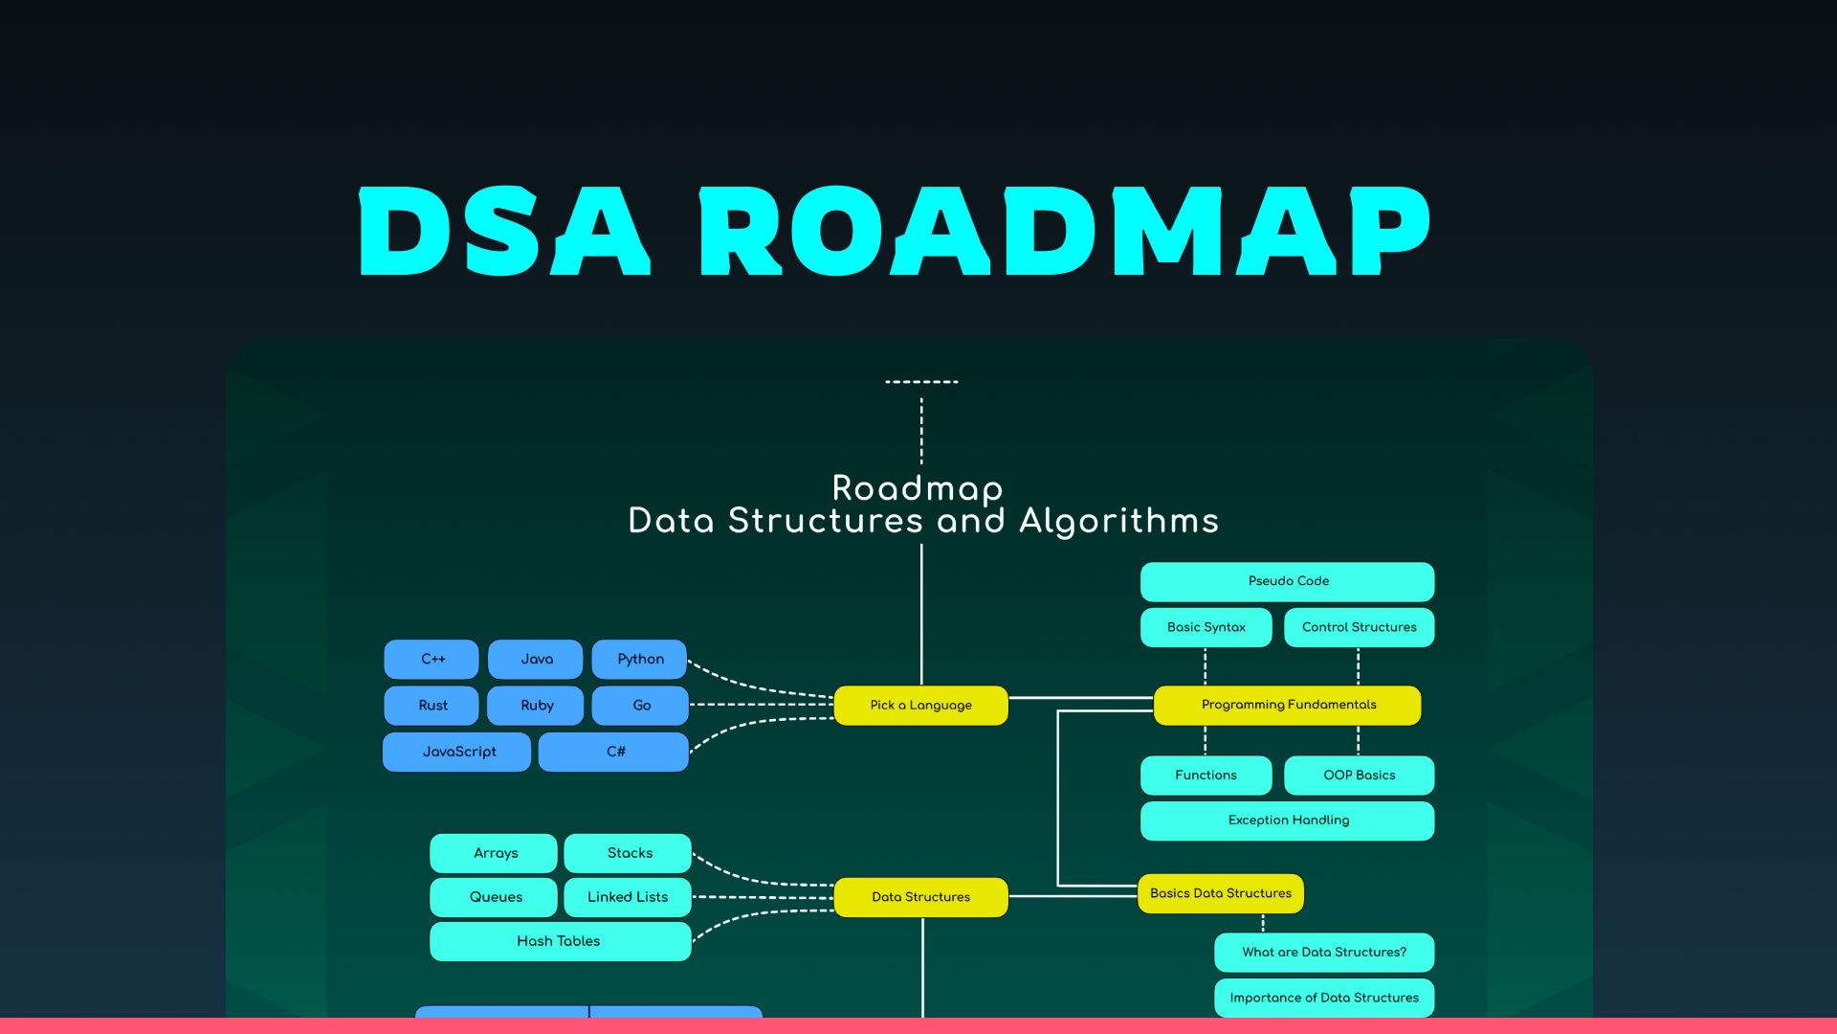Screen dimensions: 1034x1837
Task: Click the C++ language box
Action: pyautogui.click(x=432, y=659)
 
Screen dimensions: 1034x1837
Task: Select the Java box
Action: pyautogui.click(x=536, y=659)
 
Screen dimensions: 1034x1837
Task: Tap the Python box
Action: pyautogui.click(x=639, y=659)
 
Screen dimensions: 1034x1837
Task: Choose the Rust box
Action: pyautogui.click(x=432, y=706)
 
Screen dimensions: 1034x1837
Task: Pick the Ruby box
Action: pyautogui.click(x=536, y=706)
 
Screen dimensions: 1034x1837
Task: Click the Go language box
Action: pyautogui.click(x=640, y=706)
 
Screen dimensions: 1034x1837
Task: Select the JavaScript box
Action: pyautogui.click(x=457, y=752)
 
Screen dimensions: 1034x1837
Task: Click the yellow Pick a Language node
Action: pyautogui.click(x=920, y=706)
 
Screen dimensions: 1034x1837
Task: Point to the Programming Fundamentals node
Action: pyautogui.click(x=1288, y=705)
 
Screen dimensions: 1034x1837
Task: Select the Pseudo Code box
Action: pyautogui.click(x=1288, y=581)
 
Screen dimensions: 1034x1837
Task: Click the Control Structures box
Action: pyautogui.click(x=1359, y=627)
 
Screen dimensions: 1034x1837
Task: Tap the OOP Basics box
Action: pyautogui.click(x=1359, y=775)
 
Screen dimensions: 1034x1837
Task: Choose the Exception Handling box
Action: pyautogui.click(x=1288, y=820)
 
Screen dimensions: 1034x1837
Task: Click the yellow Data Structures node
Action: pyautogui.click(x=920, y=897)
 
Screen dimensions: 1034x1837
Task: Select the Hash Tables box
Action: pyautogui.click(x=560, y=941)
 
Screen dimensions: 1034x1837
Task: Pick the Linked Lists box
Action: pyautogui.click(x=628, y=897)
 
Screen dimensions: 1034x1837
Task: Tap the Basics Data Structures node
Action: pyautogui.click(x=1220, y=893)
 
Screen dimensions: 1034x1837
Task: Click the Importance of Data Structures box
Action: pyautogui.click(x=1324, y=998)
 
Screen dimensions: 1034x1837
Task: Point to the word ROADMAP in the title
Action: pyautogui.click(x=1064, y=232)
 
